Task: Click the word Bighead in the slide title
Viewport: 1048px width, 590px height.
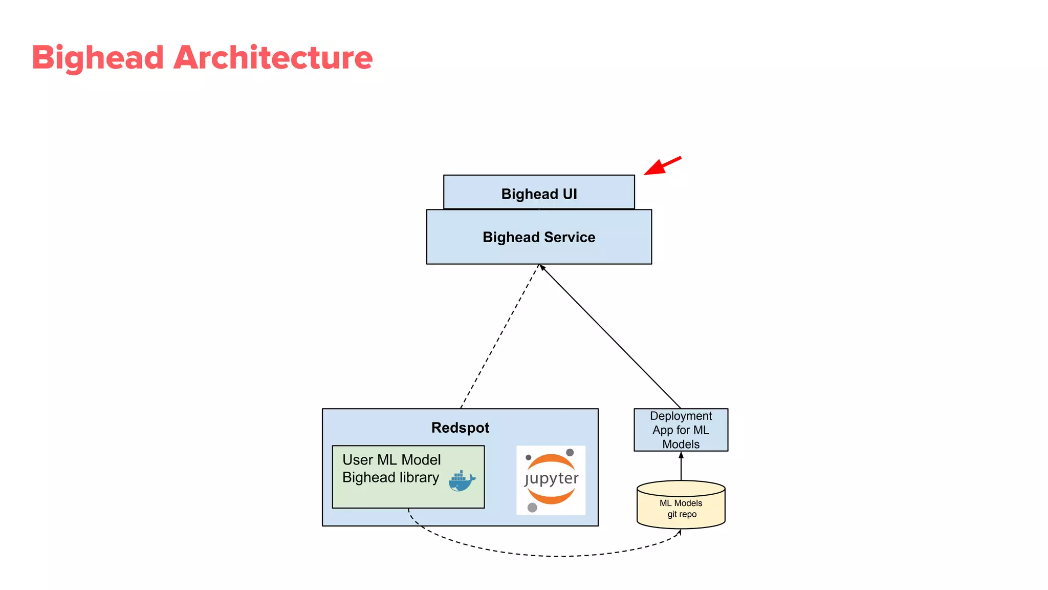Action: [x=97, y=57]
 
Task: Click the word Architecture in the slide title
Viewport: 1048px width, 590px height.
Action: [x=273, y=57]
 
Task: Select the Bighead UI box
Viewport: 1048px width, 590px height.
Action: [x=539, y=192]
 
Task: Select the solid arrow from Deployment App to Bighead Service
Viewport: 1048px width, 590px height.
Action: [x=610, y=336]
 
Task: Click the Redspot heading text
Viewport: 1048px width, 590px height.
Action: [x=460, y=428]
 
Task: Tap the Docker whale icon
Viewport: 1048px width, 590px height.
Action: [x=462, y=481]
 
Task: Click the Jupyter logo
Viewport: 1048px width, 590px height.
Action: [x=551, y=479]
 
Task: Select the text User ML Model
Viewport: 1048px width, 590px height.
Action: [x=391, y=460]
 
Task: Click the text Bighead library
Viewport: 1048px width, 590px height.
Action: [x=390, y=477]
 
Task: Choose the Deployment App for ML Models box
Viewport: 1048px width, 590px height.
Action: [x=681, y=430]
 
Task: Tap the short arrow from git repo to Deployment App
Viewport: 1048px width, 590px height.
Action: [x=681, y=466]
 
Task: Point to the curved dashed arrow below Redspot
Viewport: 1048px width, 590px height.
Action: [x=553, y=556]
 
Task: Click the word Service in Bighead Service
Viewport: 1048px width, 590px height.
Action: [x=570, y=237]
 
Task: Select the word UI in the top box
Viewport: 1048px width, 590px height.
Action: [x=570, y=194]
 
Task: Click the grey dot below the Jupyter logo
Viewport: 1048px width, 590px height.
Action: [x=532, y=508]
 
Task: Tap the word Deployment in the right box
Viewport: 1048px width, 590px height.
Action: [x=681, y=416]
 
